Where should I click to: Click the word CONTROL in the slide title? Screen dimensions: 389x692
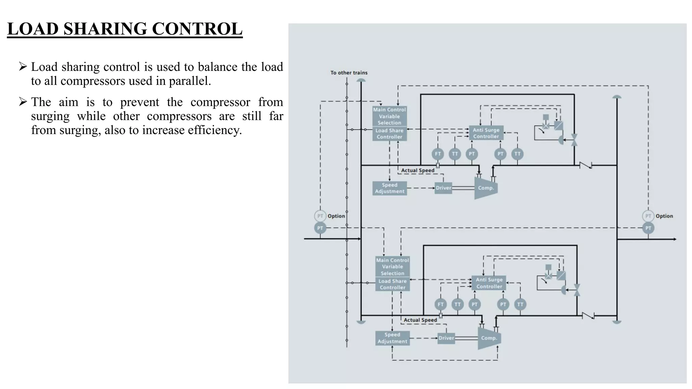click(x=197, y=29)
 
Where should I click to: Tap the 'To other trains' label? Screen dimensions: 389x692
click(x=349, y=73)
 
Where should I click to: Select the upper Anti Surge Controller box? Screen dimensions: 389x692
click(x=486, y=133)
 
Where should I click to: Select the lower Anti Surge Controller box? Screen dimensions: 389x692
click(x=489, y=283)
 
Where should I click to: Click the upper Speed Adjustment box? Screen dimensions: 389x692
click(x=389, y=188)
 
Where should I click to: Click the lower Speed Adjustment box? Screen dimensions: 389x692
click(x=392, y=338)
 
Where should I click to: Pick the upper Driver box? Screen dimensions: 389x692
click(x=443, y=188)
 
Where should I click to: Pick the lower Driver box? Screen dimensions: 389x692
click(x=446, y=338)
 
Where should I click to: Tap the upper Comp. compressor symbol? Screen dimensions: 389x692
click(x=486, y=188)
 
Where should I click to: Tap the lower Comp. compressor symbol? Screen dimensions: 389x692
click(x=489, y=338)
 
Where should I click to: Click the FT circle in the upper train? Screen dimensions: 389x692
click(x=438, y=154)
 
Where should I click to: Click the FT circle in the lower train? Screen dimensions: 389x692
click(x=440, y=304)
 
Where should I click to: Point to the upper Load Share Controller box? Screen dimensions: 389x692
click(x=389, y=134)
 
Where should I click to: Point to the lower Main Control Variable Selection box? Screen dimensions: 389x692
click(x=392, y=267)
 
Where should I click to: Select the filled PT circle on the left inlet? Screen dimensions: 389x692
click(x=320, y=228)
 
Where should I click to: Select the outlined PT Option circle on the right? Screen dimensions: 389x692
click(x=648, y=216)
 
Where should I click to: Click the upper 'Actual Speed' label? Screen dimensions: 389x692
click(x=418, y=171)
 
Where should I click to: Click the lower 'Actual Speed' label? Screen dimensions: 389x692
click(x=420, y=320)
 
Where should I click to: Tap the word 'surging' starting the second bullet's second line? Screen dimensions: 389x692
click(x=50, y=116)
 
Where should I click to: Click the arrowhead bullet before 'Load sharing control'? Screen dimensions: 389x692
click(x=23, y=67)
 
